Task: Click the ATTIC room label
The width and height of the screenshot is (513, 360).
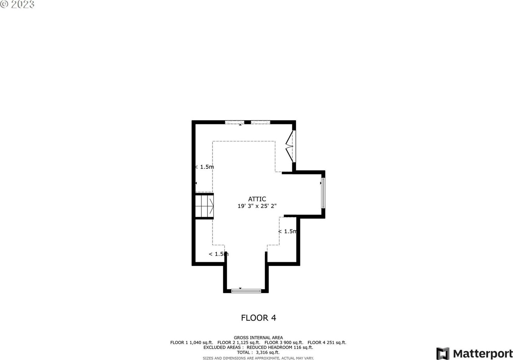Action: [257, 199]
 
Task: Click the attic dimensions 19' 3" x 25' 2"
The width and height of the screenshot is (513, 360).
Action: [257, 206]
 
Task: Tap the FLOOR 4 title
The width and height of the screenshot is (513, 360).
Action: [259, 318]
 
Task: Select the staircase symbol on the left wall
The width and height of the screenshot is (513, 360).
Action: [204, 206]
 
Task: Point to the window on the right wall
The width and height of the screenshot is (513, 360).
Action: [323, 193]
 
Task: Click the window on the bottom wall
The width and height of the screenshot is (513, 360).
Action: [246, 291]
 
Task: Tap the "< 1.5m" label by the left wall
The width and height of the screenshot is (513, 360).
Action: [204, 167]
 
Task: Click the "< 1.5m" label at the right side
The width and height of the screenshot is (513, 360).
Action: [288, 231]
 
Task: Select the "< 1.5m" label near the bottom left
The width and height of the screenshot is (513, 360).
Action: [219, 254]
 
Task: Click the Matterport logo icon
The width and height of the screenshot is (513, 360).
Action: [443, 353]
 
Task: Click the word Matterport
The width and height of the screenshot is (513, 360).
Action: [483, 354]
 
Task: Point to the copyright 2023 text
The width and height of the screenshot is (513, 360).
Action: [18, 4]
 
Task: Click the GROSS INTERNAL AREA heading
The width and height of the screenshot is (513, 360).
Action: [258, 338]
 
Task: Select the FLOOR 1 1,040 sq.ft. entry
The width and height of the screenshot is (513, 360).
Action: [192, 342]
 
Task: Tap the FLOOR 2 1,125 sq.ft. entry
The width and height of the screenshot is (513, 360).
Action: [239, 342]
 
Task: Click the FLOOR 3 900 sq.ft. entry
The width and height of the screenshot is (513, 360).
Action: [284, 342]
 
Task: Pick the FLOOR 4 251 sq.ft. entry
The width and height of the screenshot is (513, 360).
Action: [327, 342]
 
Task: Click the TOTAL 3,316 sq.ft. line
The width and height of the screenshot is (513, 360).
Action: [258, 353]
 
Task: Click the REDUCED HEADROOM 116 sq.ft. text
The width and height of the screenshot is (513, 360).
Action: [280, 347]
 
